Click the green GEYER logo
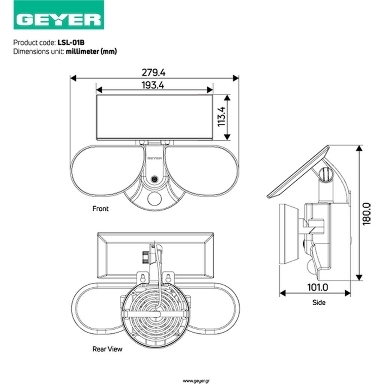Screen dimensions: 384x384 pyautogui.click(x=59, y=15)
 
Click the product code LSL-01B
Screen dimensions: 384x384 pyautogui.click(x=71, y=43)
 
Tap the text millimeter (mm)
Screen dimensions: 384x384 pyautogui.click(x=91, y=51)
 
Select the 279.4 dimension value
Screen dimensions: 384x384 pyautogui.click(x=153, y=72)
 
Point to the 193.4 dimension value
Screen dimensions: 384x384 pyautogui.click(x=153, y=85)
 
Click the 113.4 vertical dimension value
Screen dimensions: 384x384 pyautogui.click(x=222, y=116)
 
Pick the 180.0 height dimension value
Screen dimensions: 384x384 pyautogui.click(x=367, y=214)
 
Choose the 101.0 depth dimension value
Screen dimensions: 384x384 pyautogui.click(x=318, y=287)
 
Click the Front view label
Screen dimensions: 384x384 pyautogui.click(x=100, y=208)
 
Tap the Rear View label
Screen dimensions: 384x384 pyautogui.click(x=107, y=349)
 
